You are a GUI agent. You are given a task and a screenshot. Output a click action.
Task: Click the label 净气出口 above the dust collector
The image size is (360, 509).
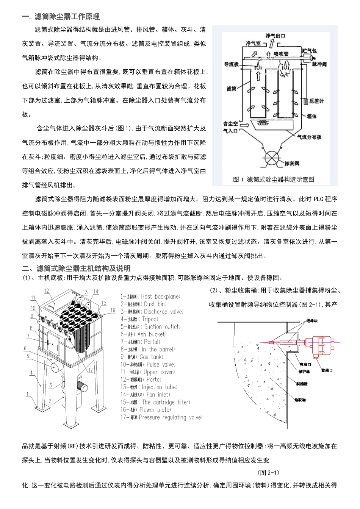click(x=275, y=36)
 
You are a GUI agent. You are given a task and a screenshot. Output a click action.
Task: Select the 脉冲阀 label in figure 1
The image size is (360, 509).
click(x=319, y=64)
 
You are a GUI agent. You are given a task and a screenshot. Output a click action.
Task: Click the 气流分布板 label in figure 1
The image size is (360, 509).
click(x=309, y=137)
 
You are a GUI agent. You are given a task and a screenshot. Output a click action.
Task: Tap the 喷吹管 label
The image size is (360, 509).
click(x=281, y=54)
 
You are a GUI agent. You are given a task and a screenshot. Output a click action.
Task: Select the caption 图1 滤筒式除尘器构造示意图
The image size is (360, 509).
click(x=274, y=180)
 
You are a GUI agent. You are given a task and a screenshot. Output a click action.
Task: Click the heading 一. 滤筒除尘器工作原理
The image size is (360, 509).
click(x=61, y=17)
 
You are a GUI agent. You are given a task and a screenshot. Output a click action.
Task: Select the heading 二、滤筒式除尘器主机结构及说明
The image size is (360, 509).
click(x=76, y=269)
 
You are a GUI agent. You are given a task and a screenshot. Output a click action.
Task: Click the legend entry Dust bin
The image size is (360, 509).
click(x=144, y=304)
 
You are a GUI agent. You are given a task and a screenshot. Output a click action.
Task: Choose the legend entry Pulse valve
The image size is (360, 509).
click(x=148, y=364)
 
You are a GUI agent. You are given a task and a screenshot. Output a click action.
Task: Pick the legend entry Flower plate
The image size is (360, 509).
click(x=146, y=410)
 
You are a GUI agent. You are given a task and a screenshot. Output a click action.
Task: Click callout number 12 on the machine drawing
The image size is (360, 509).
click(x=47, y=291)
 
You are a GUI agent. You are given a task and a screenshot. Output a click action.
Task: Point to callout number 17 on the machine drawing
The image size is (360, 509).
click(x=91, y=370)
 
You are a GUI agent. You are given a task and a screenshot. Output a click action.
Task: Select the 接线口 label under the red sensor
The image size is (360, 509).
click(x=327, y=370)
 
